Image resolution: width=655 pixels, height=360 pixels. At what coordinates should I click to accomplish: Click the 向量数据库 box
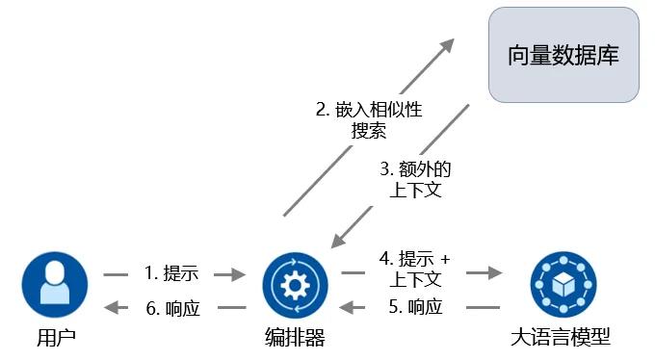tap(564, 55)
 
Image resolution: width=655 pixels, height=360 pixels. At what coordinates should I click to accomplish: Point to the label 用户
tap(55, 337)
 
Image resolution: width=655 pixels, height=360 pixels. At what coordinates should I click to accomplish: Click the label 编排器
tap(295, 337)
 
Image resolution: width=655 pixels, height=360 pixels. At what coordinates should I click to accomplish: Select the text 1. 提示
tap(170, 273)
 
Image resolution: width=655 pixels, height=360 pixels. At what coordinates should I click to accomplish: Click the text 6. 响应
tap(170, 307)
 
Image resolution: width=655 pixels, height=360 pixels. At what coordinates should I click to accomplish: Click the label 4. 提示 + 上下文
tap(414, 270)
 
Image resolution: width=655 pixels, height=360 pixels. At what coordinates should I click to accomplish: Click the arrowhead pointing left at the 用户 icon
tap(112, 307)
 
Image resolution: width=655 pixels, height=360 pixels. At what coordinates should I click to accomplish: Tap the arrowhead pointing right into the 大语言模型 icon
tap(495, 273)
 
